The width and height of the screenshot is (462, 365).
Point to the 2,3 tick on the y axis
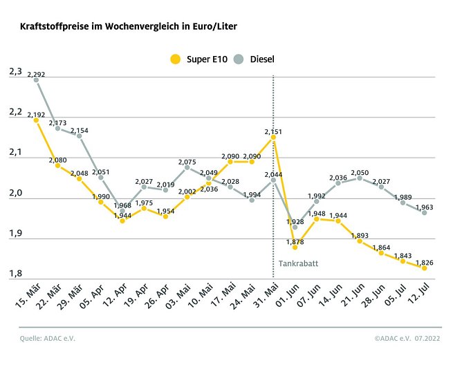(x=15, y=71)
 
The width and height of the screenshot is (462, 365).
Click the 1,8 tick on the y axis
(x=15, y=274)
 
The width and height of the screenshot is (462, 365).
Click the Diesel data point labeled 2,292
(x=36, y=80)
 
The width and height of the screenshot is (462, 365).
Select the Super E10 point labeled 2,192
(x=36, y=120)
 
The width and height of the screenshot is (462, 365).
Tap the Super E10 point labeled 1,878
(x=295, y=247)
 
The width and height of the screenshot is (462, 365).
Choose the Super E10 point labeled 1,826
(x=424, y=268)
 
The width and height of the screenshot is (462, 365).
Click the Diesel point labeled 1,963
(x=424, y=213)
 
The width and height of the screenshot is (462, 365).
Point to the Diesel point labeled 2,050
(x=360, y=178)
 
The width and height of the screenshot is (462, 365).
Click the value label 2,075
(x=187, y=160)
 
